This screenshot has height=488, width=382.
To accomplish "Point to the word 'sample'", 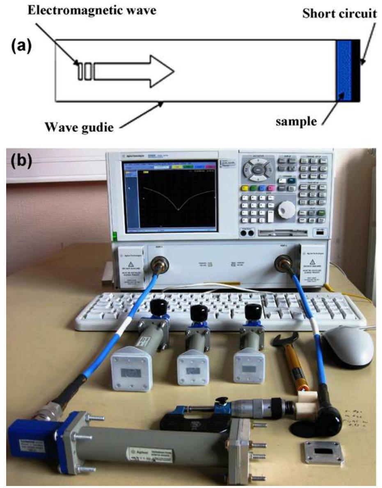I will tap(297, 121).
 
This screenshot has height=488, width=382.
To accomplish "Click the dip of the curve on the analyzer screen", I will tap(178, 209).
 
